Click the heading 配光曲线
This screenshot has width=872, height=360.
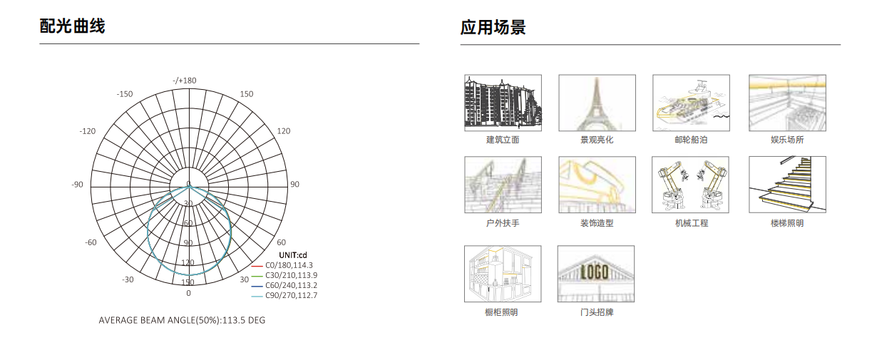[x=73, y=26]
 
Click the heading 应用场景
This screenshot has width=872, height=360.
[x=493, y=28]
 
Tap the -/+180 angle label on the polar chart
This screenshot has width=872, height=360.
[x=185, y=81]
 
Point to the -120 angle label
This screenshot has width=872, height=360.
[x=88, y=131]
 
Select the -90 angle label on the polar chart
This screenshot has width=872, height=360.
[x=77, y=185]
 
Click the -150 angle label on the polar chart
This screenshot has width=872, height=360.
[x=125, y=94]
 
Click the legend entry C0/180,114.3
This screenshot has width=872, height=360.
[x=289, y=265]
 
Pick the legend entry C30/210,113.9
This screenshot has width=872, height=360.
[x=291, y=275]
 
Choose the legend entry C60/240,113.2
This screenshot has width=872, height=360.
[x=291, y=285]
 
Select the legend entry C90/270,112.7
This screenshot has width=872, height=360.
[x=291, y=295]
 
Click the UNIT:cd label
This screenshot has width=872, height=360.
[x=293, y=255]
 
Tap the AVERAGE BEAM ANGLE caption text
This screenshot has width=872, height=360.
[x=182, y=320]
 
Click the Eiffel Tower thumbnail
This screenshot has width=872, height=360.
[x=597, y=103]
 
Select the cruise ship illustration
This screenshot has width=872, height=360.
[x=692, y=103]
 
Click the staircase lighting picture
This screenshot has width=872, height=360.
[x=788, y=185]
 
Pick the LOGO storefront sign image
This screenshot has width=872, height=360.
[x=596, y=274]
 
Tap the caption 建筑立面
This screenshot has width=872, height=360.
[x=503, y=140]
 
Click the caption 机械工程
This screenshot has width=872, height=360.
[x=692, y=223]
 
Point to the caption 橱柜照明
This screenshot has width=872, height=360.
[x=501, y=312]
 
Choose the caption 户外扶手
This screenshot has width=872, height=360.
[x=503, y=223]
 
